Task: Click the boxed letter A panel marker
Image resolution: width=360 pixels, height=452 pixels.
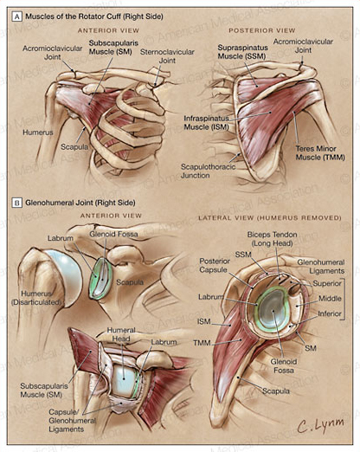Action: click(17, 16)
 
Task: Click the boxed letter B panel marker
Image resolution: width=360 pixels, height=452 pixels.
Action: click(17, 203)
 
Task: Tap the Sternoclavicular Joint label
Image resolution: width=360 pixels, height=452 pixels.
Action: click(167, 56)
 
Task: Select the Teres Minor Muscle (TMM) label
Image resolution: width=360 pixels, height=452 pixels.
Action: click(320, 153)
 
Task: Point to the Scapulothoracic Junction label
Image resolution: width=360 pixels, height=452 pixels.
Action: click(208, 171)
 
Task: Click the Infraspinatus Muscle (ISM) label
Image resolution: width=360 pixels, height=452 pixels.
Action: click(206, 122)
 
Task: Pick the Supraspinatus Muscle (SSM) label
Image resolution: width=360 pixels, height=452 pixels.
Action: click(242, 52)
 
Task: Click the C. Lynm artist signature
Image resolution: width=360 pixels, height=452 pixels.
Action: click(320, 425)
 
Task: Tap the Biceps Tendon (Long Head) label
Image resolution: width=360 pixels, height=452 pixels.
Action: click(272, 239)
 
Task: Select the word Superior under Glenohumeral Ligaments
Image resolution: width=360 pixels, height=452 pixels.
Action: click(327, 283)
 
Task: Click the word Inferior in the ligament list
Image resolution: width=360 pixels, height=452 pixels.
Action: click(330, 313)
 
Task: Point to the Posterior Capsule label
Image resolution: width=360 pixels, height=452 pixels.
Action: click(215, 266)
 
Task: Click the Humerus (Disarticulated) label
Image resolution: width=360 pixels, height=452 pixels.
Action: click(36, 298)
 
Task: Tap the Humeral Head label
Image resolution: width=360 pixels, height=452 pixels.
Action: click(121, 334)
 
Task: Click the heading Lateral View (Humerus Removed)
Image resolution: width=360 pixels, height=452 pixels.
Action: click(270, 217)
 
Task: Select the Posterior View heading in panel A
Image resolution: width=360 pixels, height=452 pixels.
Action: click(262, 30)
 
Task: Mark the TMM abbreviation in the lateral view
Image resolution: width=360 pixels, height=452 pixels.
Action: click(202, 343)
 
